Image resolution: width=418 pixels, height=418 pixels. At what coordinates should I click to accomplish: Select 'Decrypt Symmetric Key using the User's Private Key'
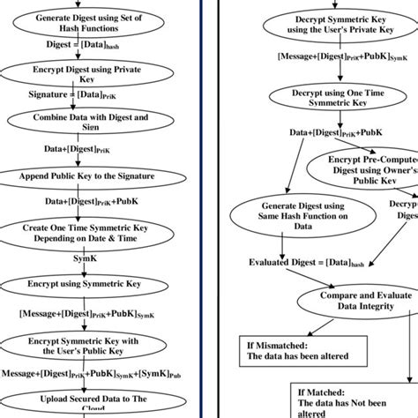click(x=327, y=27)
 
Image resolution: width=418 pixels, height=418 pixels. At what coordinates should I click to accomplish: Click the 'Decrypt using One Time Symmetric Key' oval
click(x=327, y=98)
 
